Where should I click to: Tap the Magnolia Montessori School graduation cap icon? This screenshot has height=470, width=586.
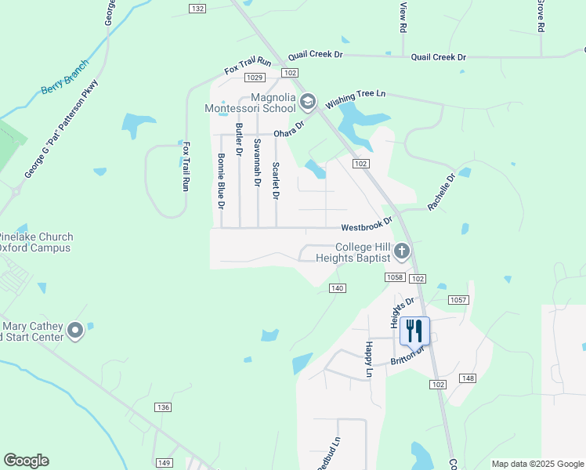[308, 101]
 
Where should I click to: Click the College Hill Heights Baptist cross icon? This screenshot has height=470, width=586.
[402, 251]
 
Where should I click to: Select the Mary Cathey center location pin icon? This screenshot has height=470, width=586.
[75, 331]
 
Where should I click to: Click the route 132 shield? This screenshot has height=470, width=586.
[197, 8]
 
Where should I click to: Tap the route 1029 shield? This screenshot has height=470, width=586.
[254, 77]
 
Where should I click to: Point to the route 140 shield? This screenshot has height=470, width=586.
[337, 288]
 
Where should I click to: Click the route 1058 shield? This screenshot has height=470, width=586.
[395, 277]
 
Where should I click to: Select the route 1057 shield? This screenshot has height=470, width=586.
[458, 300]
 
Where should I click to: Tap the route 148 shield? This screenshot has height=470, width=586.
[468, 378]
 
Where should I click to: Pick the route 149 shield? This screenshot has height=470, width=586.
[164, 463]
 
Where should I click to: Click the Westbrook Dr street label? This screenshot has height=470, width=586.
[366, 226]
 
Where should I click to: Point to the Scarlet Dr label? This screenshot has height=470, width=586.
[275, 181]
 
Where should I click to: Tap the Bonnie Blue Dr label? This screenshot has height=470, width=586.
[221, 181]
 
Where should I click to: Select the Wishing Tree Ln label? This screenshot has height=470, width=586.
[356, 99]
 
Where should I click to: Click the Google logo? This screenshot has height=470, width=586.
[26, 461]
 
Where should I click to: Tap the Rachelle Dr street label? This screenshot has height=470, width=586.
[441, 193]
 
